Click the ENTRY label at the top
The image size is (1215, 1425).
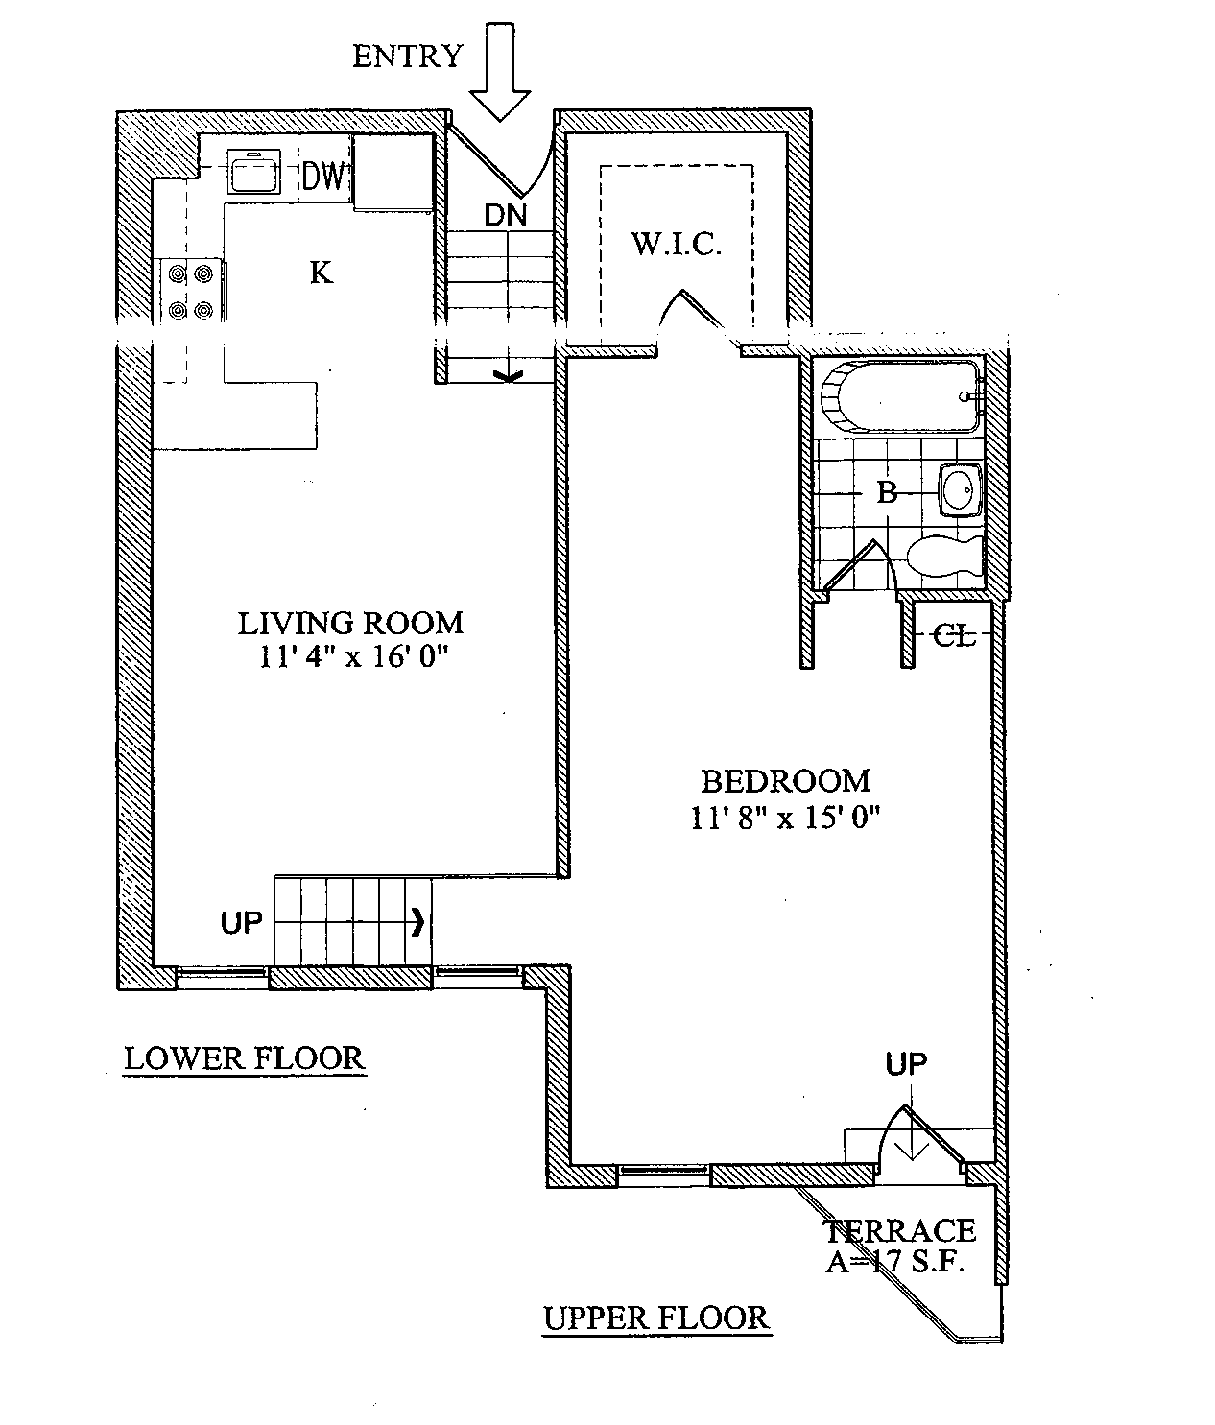408,56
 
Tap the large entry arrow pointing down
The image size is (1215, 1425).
500,72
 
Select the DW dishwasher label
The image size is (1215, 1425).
322,176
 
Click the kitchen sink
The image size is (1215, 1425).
254,172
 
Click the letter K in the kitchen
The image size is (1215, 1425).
322,273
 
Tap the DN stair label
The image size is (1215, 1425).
506,216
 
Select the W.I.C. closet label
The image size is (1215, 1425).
677,244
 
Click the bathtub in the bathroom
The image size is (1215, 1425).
900,396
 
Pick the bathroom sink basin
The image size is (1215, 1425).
961,490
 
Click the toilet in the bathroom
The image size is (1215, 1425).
944,557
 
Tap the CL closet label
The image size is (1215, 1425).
954,636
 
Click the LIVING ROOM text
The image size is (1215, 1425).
350,623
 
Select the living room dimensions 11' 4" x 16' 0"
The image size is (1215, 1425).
354,656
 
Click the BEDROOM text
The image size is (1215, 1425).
785,782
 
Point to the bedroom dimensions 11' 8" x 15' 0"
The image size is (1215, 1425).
785,818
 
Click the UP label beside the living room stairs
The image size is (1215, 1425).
241,922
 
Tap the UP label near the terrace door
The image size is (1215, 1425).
906,1064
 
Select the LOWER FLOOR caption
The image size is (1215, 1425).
244,1058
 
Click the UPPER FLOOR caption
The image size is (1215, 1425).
655,1318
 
